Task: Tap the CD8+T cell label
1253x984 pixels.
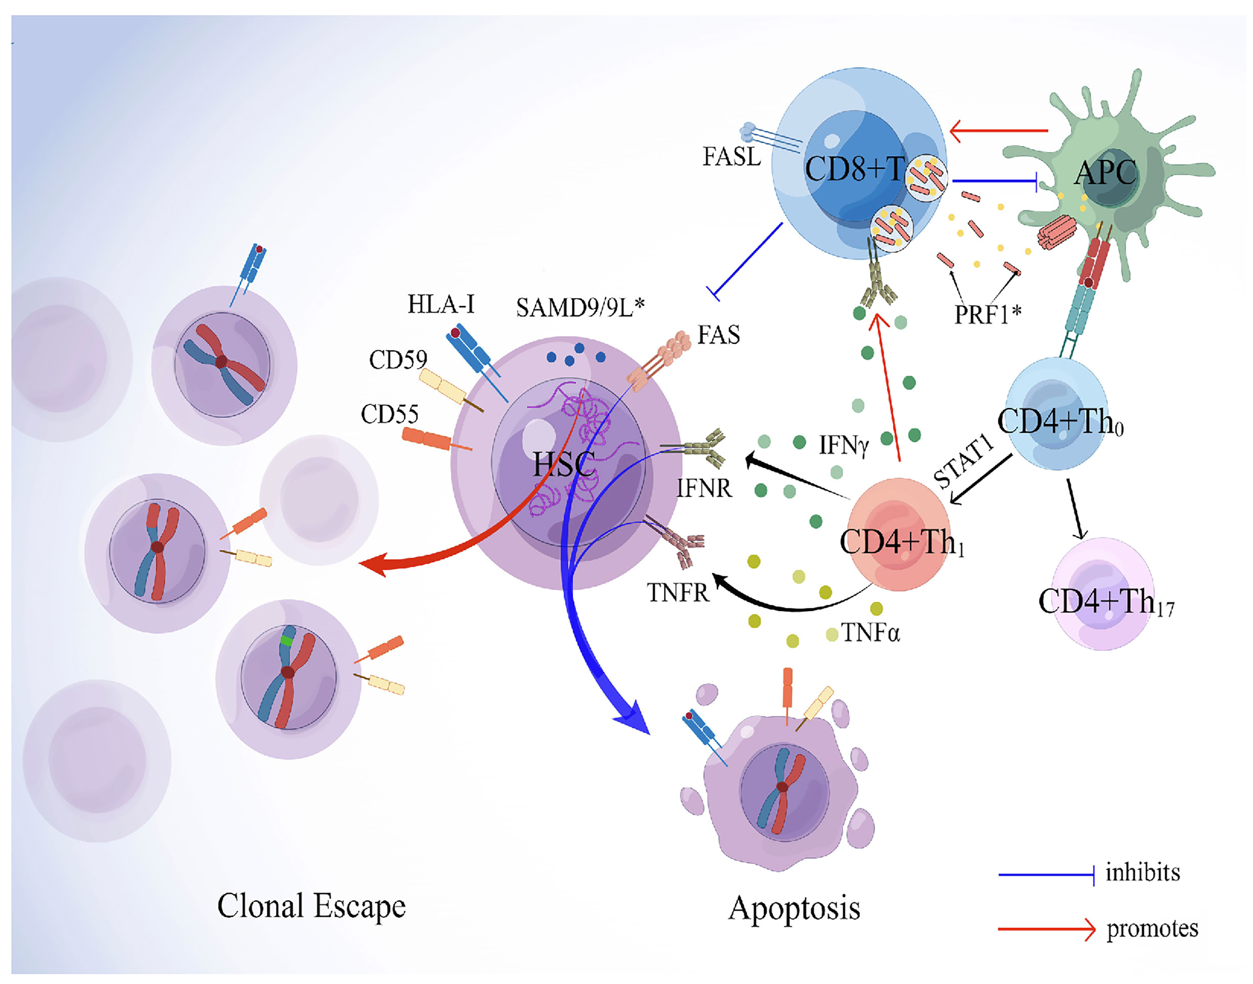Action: pyautogui.click(x=854, y=169)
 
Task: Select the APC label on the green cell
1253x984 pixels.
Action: pyautogui.click(x=1105, y=172)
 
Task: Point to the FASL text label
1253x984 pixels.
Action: pyautogui.click(x=731, y=157)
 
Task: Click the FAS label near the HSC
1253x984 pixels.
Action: pyautogui.click(x=718, y=335)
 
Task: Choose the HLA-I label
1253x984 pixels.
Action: pyautogui.click(x=441, y=304)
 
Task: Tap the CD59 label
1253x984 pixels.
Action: pyautogui.click(x=398, y=360)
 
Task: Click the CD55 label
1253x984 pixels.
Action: pyautogui.click(x=389, y=414)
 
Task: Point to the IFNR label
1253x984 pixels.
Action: pyautogui.click(x=704, y=489)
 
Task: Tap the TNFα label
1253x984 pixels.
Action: pyautogui.click(x=870, y=633)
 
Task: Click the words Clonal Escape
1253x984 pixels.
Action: pyautogui.click(x=311, y=906)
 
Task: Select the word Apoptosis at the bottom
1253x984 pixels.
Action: pyautogui.click(x=794, y=909)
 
